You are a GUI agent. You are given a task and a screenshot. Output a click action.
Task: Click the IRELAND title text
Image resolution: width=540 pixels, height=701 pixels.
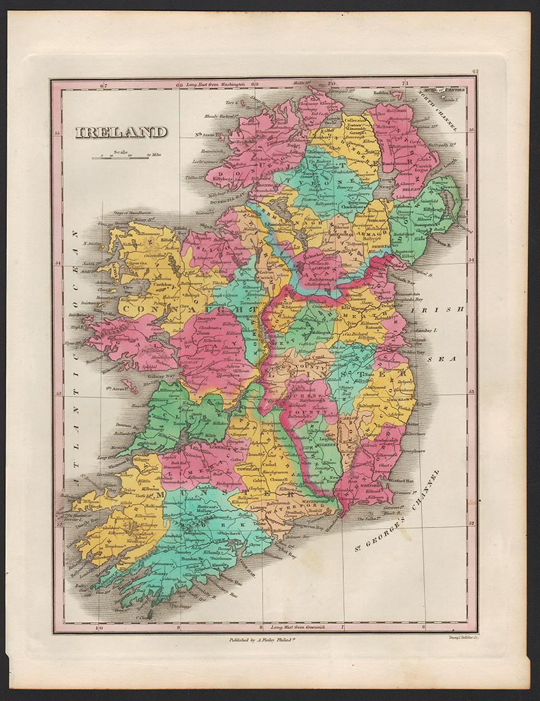pyautogui.click(x=121, y=133)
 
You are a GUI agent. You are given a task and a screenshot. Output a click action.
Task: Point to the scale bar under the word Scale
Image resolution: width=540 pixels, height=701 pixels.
pyautogui.click(x=120, y=157)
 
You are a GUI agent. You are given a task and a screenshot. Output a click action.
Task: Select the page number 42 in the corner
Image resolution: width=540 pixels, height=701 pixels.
pyautogui.click(x=475, y=73)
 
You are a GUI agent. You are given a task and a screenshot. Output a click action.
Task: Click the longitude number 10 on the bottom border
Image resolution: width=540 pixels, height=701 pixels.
pyautogui.click(x=98, y=628)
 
